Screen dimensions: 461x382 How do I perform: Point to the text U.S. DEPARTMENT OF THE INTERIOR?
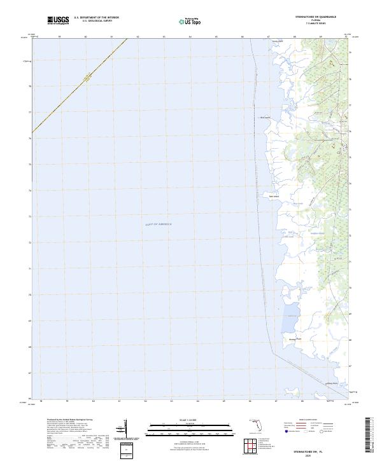[96, 18]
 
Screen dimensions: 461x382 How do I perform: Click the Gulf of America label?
[158, 224]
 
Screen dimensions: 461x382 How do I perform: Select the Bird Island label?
[267, 118]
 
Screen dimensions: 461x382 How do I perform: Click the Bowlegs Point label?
[294, 340]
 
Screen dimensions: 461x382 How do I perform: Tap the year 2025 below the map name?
[311, 455]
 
